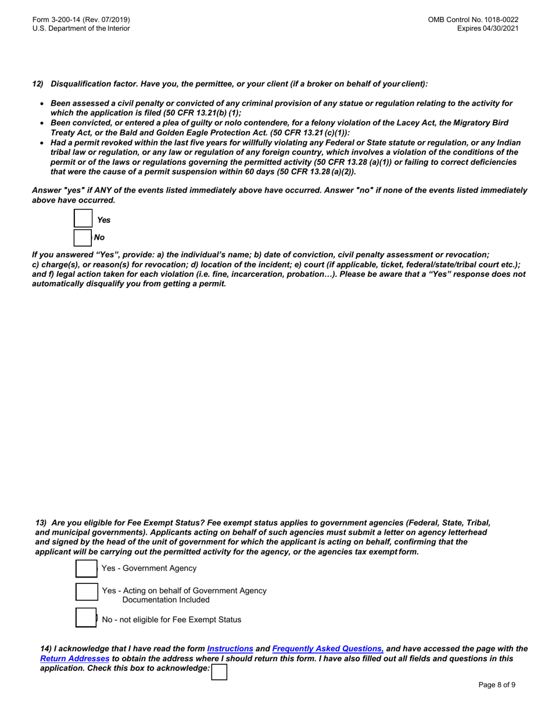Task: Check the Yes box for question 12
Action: [x=83, y=219]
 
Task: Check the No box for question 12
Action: [x=83, y=237]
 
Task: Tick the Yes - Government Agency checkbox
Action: [x=86, y=568]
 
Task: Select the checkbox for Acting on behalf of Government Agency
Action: [x=86, y=592]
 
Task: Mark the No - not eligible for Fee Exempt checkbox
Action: [x=86, y=618]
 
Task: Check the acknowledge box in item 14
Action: [x=219, y=672]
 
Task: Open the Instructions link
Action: [x=230, y=648]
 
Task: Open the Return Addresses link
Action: [x=74, y=659]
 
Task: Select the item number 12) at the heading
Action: [x=38, y=84]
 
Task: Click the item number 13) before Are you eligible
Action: [x=41, y=522]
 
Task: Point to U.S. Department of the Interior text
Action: [x=81, y=28]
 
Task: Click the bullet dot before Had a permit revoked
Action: [x=42, y=143]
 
